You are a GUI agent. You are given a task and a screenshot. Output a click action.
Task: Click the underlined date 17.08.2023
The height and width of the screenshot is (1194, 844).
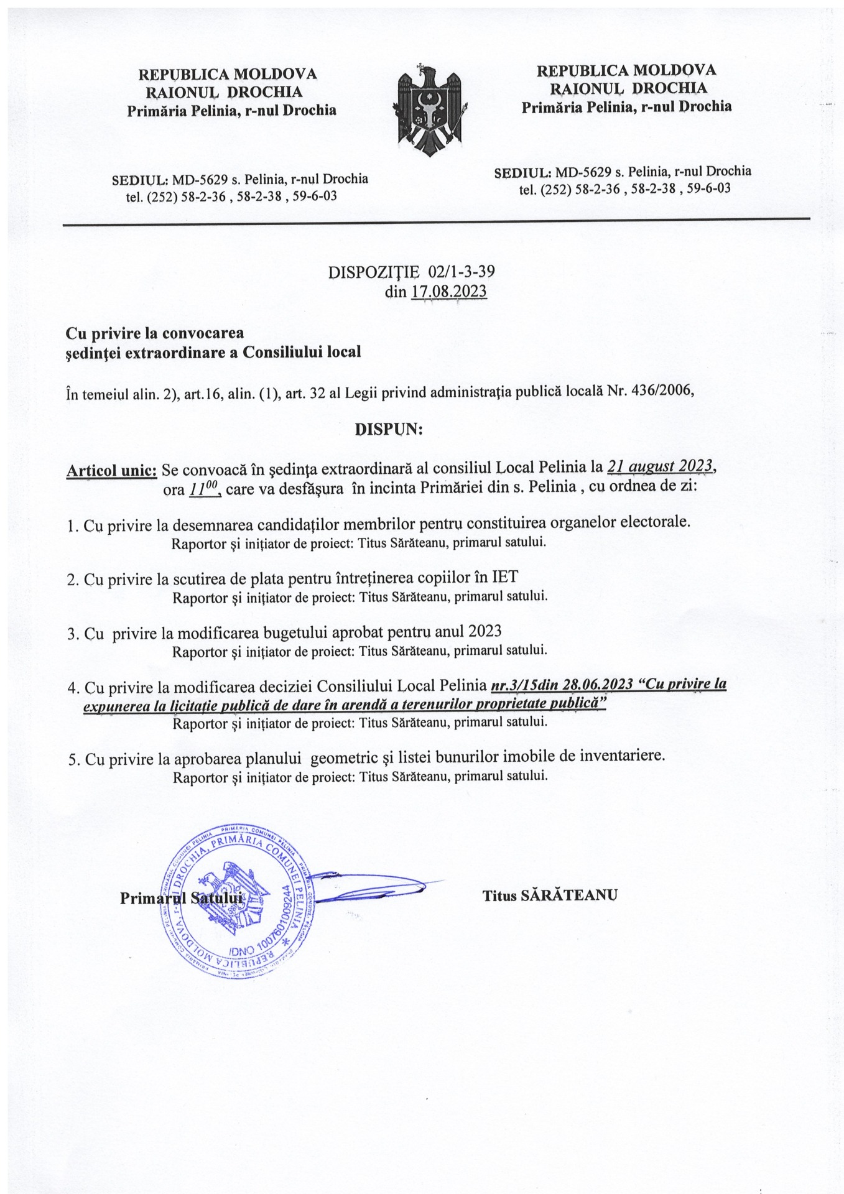449,291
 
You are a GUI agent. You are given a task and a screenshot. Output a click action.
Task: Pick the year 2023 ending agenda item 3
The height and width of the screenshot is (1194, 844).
485,632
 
